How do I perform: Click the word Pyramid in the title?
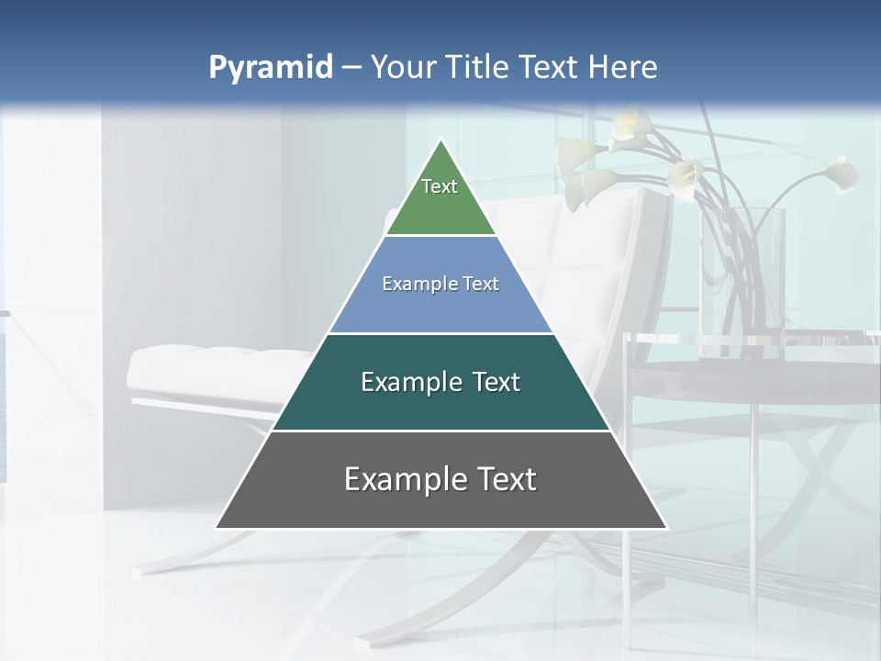[271, 68]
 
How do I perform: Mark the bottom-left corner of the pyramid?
[217, 528]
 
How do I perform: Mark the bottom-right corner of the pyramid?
[666, 528]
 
